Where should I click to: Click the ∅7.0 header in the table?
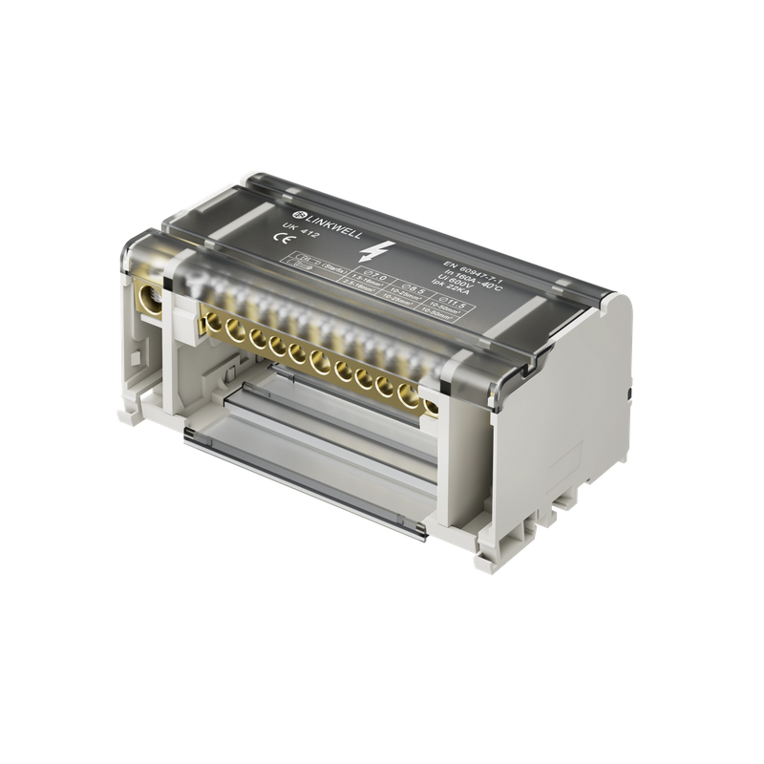pyautogui.click(x=360, y=275)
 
